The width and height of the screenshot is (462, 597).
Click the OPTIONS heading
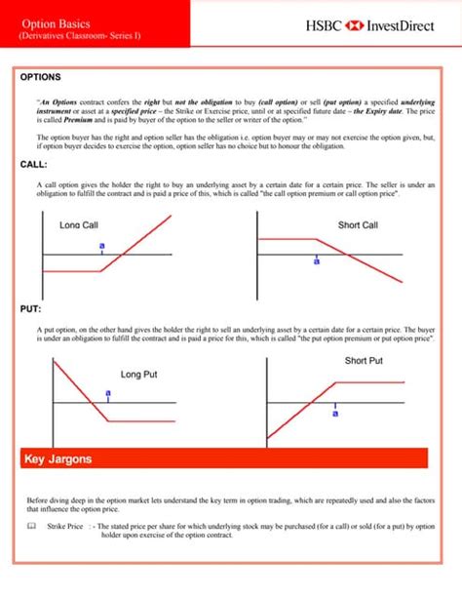(x=41, y=76)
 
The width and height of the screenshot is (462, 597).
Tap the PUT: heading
(x=30, y=309)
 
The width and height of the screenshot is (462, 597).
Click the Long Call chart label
(x=79, y=225)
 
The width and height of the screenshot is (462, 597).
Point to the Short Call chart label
(x=358, y=225)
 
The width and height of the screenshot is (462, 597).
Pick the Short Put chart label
(x=364, y=361)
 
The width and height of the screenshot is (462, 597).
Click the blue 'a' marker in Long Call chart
(x=101, y=246)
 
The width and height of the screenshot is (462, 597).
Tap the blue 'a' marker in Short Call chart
(x=316, y=261)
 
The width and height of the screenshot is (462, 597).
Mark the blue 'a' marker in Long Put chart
(x=108, y=393)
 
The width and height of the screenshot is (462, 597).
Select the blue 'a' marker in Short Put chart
(x=334, y=413)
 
